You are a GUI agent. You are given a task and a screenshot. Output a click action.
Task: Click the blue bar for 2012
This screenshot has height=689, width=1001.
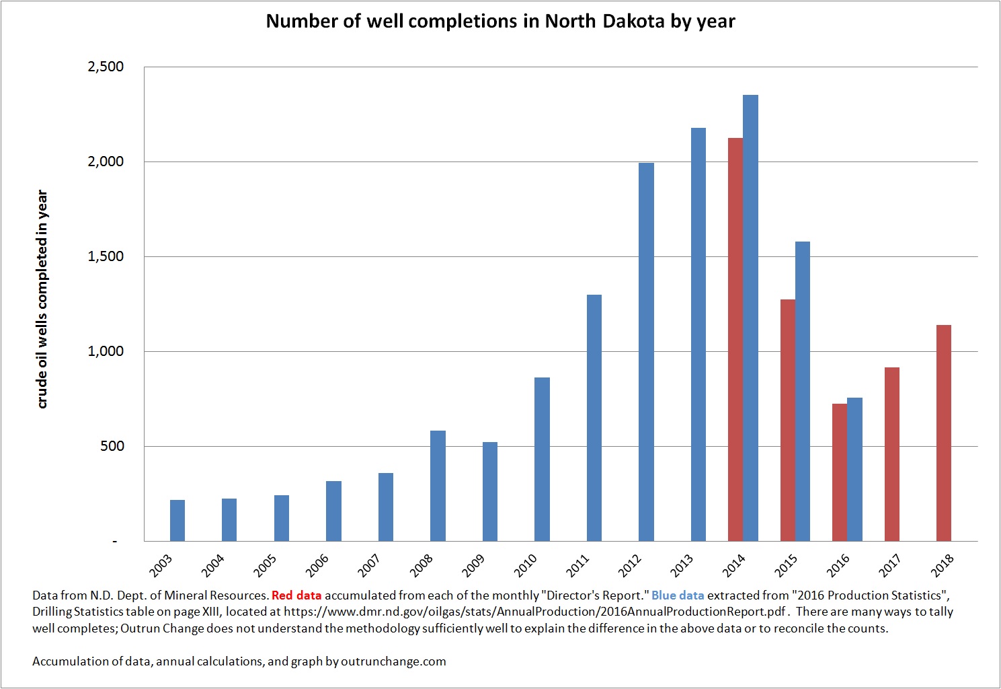(646, 352)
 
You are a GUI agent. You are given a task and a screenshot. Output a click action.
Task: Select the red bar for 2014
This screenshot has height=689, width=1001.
(735, 340)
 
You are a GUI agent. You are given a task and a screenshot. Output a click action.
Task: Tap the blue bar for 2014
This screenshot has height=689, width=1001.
(750, 318)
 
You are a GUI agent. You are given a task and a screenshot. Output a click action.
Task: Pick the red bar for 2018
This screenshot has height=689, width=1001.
(943, 433)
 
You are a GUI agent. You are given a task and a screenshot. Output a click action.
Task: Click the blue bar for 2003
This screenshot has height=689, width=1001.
(177, 521)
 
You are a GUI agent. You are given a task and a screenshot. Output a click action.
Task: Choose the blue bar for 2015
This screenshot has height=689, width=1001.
(803, 392)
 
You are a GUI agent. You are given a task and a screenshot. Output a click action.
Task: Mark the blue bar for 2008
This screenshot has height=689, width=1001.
(438, 486)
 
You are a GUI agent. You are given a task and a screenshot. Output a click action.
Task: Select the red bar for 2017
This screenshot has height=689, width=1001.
(891, 454)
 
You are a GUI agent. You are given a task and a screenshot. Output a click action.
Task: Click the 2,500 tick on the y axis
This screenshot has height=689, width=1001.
(106, 67)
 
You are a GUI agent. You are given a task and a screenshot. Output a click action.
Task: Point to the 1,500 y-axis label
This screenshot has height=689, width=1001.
(106, 256)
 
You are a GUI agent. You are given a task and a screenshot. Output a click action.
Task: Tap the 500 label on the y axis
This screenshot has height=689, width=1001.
(112, 446)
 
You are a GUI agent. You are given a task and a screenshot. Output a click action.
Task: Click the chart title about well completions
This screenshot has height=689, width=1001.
(500, 21)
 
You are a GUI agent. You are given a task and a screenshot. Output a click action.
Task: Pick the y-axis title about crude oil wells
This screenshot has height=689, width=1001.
(42, 299)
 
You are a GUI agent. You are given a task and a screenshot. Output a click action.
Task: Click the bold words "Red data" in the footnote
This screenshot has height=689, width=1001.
(296, 595)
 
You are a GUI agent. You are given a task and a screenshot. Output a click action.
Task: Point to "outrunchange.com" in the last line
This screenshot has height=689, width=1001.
(393, 661)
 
